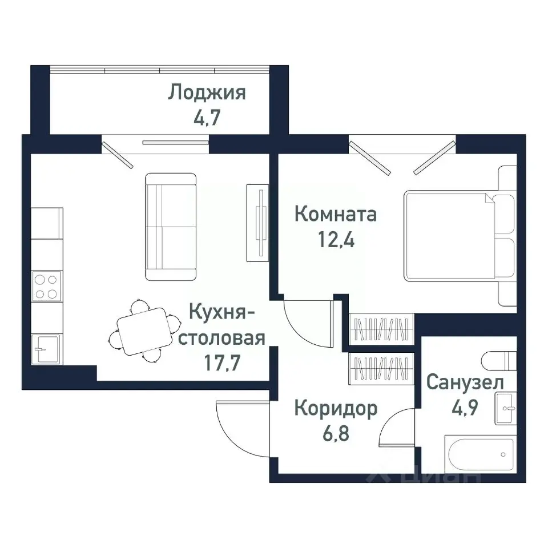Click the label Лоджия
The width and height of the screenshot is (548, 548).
[x=207, y=92]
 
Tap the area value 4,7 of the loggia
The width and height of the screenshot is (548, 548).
[x=207, y=119]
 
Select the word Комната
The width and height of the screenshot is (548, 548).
[x=335, y=215]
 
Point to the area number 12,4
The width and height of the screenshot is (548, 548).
[x=335, y=240]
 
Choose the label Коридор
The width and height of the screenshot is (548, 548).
[x=335, y=408]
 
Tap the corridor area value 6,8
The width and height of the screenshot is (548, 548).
[x=335, y=434]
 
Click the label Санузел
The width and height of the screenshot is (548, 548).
[x=465, y=381]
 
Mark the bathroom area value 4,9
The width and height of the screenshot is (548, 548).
[x=465, y=407]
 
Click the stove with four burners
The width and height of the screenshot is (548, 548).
[x=46, y=287]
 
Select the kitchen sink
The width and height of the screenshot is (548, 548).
[x=45, y=347]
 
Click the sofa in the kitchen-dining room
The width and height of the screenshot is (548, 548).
[x=171, y=227]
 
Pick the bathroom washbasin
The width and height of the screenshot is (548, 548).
[x=506, y=408]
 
